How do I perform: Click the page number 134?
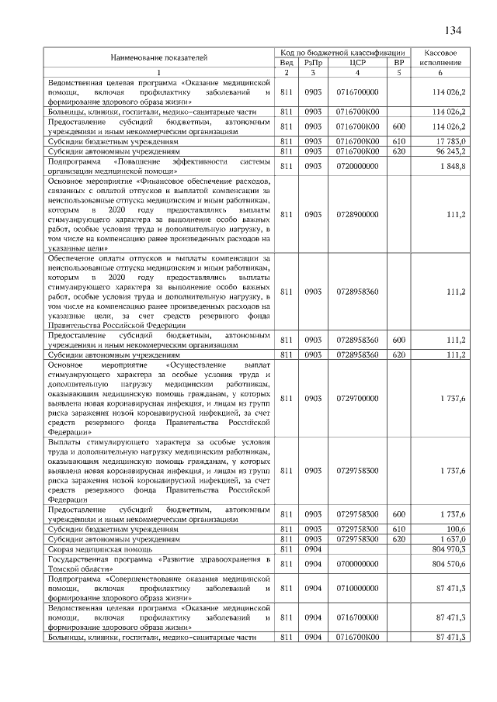(x=453, y=31)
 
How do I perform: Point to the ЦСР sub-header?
(x=357, y=62)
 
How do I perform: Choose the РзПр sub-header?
(x=313, y=62)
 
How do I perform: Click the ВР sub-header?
(x=399, y=62)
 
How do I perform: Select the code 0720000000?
(x=357, y=166)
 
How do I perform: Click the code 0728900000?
(x=357, y=213)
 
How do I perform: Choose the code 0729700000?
(x=357, y=398)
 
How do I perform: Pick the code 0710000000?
(x=357, y=589)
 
